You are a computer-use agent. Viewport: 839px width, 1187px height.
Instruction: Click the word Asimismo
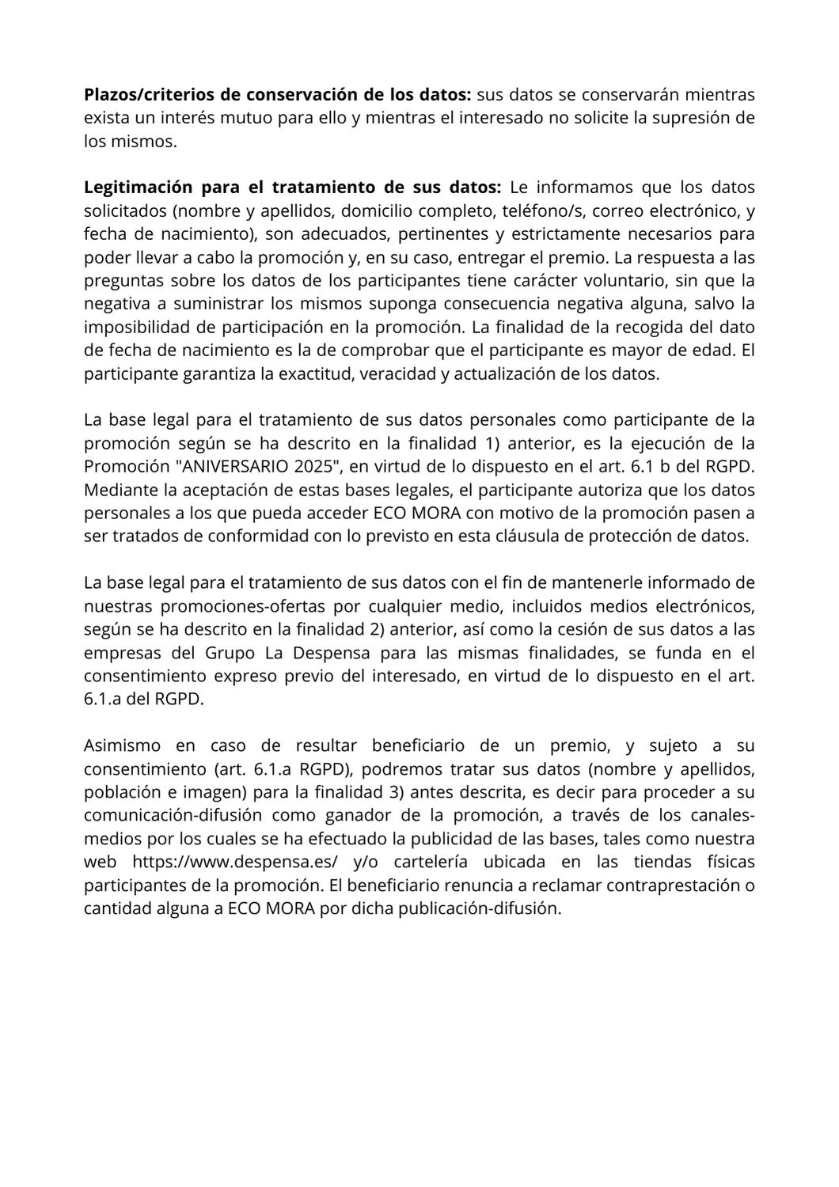(x=122, y=745)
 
